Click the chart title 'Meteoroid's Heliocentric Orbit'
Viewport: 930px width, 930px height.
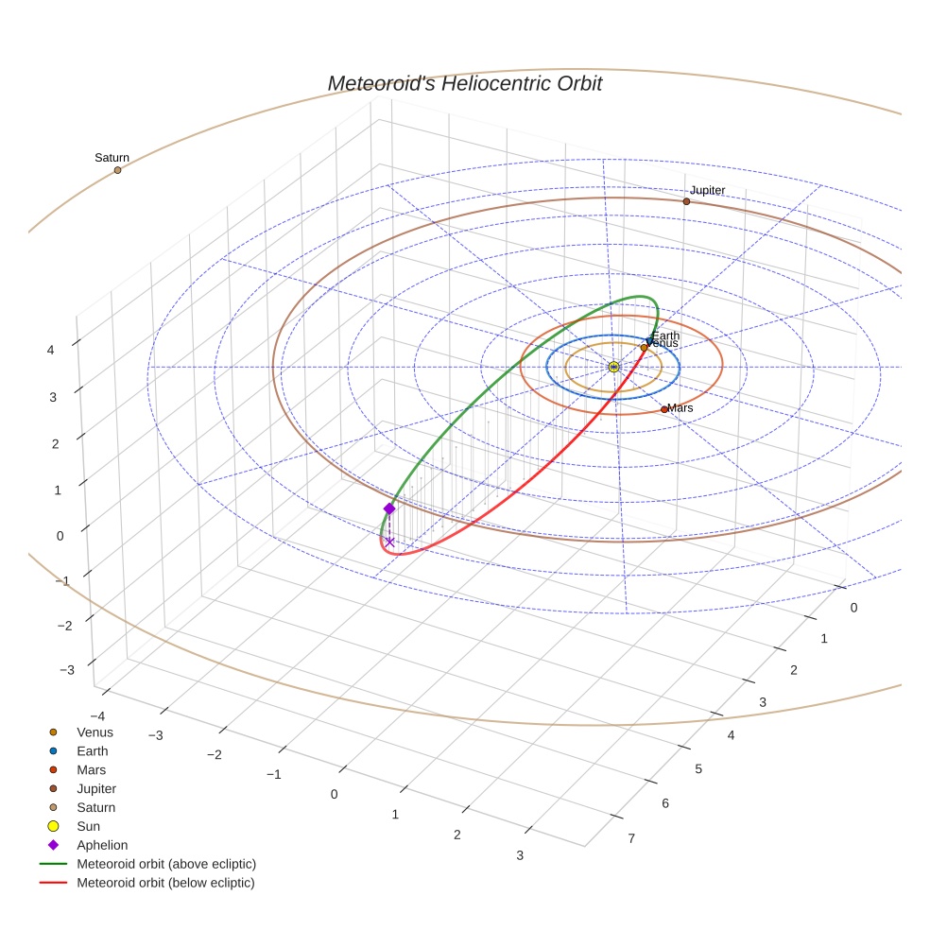tap(464, 84)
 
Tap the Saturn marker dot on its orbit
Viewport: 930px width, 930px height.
tap(118, 170)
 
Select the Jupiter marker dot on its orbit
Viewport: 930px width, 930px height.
tap(686, 201)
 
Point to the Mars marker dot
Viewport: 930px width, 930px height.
tap(664, 409)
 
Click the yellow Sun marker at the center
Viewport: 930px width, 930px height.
tap(614, 367)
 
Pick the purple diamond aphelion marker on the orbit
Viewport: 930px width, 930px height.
tap(389, 508)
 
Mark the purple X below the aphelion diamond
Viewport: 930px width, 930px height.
tap(389, 542)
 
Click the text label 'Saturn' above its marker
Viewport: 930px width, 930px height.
tap(112, 158)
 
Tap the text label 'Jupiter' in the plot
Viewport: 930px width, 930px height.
tap(707, 190)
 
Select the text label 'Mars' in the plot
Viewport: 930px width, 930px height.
tap(680, 408)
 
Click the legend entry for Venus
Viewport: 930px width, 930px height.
tap(95, 732)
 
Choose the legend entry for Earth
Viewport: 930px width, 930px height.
tap(93, 751)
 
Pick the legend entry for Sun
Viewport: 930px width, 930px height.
tap(89, 827)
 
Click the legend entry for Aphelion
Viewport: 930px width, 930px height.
tap(102, 846)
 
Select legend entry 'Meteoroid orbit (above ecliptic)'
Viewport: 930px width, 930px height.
tap(166, 864)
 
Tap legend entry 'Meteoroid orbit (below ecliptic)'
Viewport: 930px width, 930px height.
tap(166, 883)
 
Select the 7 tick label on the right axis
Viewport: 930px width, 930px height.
tap(631, 837)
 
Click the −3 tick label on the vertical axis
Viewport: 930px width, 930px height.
tap(66, 670)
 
